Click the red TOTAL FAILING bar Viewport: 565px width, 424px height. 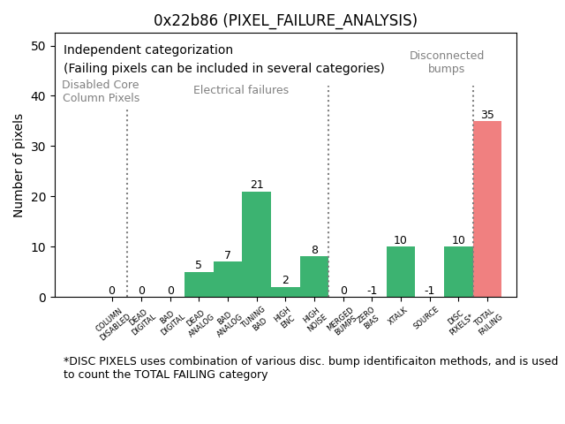pos(487,209)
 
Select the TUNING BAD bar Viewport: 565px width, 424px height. pos(256,245)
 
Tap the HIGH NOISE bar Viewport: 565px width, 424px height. pos(314,276)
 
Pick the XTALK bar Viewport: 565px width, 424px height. pos(401,272)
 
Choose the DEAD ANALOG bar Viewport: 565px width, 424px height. pos(199,284)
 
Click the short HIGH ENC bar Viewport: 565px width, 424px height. pos(285,291)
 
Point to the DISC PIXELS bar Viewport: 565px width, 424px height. pos(458,272)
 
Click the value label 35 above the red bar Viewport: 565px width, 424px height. pos(487,115)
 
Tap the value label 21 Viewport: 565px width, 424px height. pos(257,185)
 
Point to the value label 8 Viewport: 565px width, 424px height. pos(314,251)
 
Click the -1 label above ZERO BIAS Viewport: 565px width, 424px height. pos(372,291)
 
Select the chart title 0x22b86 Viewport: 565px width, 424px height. pos(285,20)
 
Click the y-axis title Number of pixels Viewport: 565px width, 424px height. pos(19,165)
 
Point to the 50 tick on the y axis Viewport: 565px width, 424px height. pos(39,46)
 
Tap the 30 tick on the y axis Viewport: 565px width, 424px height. pos(39,147)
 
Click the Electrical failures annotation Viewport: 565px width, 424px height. pos(241,90)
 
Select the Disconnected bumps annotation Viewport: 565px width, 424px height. pos(447,63)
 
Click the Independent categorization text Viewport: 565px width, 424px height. pos(148,50)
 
